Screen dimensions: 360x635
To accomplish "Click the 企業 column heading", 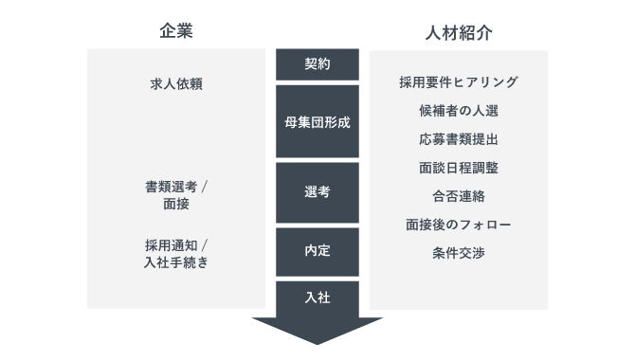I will (x=175, y=30).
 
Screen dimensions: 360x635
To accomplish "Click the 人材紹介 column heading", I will (x=459, y=31).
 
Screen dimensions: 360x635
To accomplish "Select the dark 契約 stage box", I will (x=317, y=64).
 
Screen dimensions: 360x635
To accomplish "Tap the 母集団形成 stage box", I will (x=317, y=122).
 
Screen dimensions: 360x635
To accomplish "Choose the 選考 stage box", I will (x=317, y=191).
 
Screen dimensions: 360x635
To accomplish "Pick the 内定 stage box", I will (x=317, y=251).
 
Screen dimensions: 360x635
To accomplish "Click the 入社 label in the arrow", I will (x=317, y=297).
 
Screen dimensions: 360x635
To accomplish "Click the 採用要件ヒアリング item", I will (x=459, y=83).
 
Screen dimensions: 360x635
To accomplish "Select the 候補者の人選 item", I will (x=459, y=111).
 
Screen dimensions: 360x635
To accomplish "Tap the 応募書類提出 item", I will (x=459, y=139).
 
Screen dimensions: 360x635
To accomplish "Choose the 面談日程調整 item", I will (x=459, y=168).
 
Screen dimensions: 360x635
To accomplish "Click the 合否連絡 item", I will (x=459, y=196).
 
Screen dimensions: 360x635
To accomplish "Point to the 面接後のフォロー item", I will (x=459, y=225).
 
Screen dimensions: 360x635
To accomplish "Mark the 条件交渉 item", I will (x=459, y=253).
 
